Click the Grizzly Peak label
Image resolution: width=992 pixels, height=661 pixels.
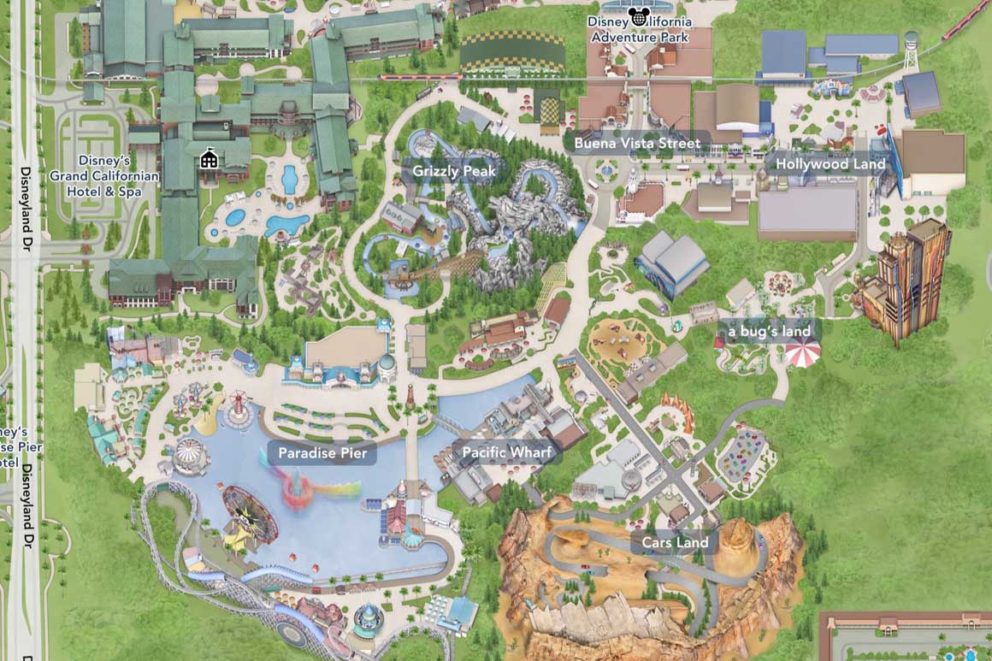(453, 171)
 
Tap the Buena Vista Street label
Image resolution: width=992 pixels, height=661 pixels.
(637, 143)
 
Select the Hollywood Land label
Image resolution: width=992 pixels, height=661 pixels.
(824, 163)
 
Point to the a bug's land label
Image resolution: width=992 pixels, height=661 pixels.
(769, 331)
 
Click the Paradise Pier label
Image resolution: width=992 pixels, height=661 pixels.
(322, 453)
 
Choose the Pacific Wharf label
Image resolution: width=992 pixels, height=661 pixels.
(508, 452)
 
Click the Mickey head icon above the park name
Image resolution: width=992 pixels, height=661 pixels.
(637, 15)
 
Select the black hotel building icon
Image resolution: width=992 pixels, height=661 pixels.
(208, 159)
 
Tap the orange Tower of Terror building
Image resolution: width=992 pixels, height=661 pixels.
(906, 278)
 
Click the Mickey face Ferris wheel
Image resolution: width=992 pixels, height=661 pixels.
(250, 515)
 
